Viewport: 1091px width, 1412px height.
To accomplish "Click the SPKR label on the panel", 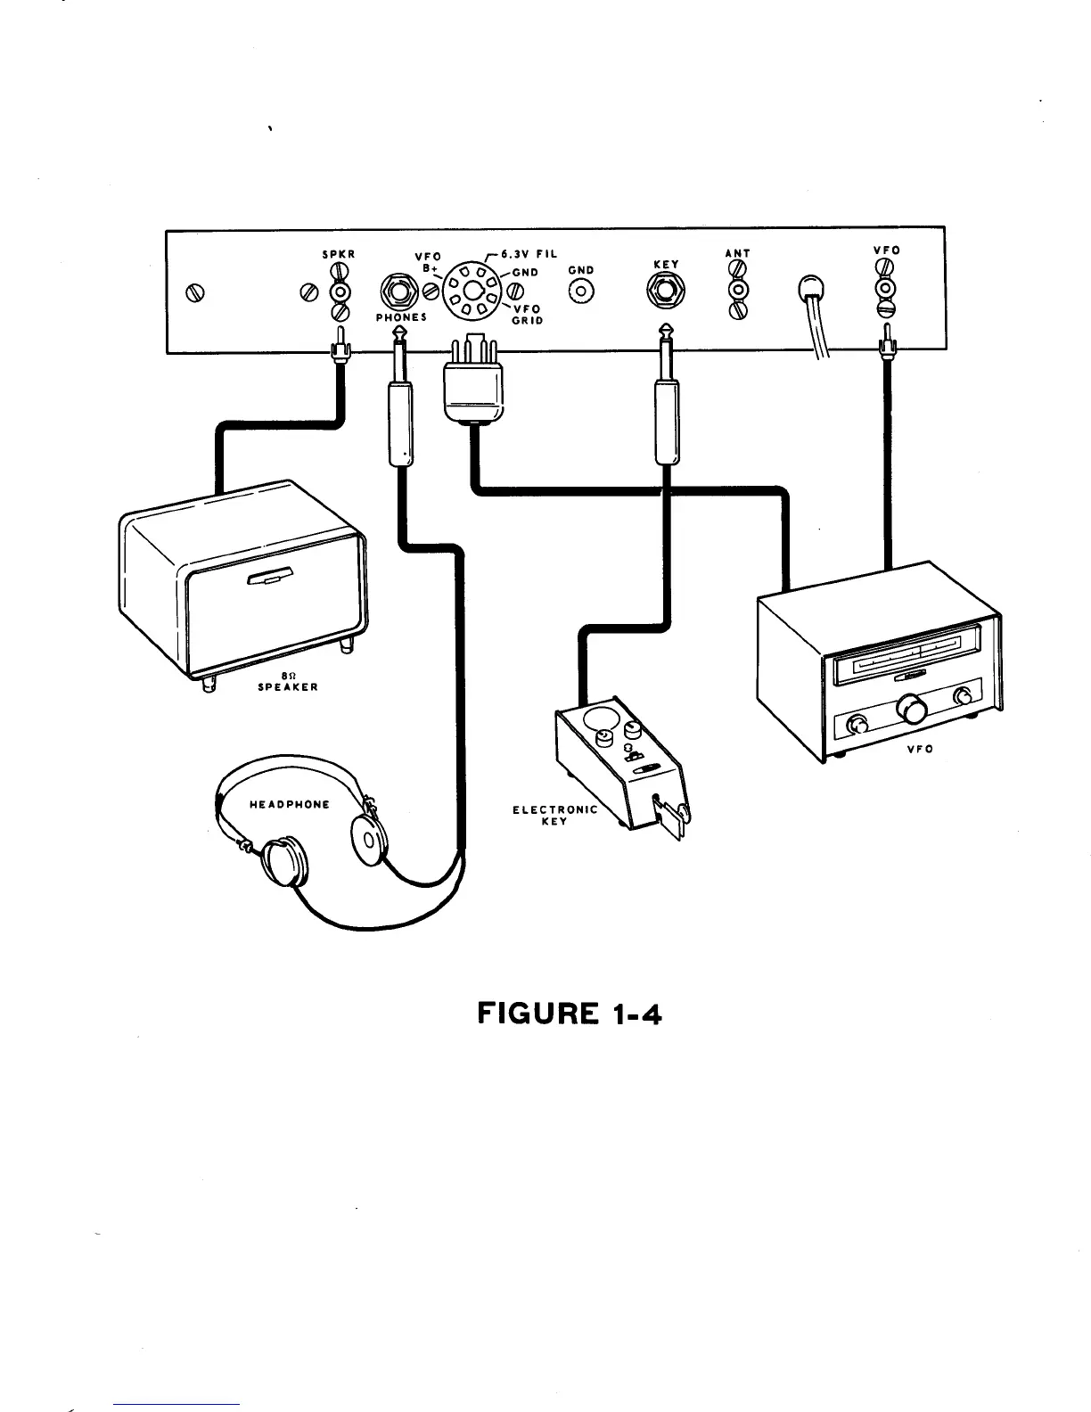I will [339, 254].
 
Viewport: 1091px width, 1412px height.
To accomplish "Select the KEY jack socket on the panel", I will [665, 290].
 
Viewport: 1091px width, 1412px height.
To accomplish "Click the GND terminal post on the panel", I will [582, 291].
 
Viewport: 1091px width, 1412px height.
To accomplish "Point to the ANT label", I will [738, 253].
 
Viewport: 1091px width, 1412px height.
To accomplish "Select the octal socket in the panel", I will [472, 289].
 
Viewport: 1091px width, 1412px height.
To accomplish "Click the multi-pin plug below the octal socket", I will [473, 383].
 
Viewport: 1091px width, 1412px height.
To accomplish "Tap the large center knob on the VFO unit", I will [910, 710].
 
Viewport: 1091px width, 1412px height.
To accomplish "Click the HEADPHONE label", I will [289, 804].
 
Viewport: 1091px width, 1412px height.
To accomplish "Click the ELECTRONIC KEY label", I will [554, 815].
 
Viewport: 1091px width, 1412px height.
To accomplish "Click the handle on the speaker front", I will [270, 578].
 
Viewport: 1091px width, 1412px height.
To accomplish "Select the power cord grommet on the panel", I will [811, 291].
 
